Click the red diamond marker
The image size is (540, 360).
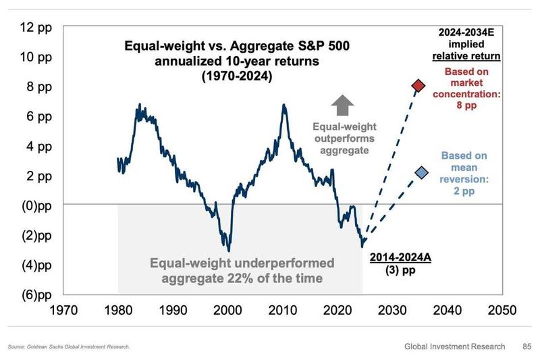(x=418, y=86)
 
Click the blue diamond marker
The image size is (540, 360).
(x=421, y=174)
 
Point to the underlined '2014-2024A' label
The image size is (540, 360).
(x=398, y=257)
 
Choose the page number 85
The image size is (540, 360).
(x=526, y=346)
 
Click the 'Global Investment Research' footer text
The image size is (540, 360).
(x=454, y=346)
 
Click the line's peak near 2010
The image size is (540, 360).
(x=283, y=105)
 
